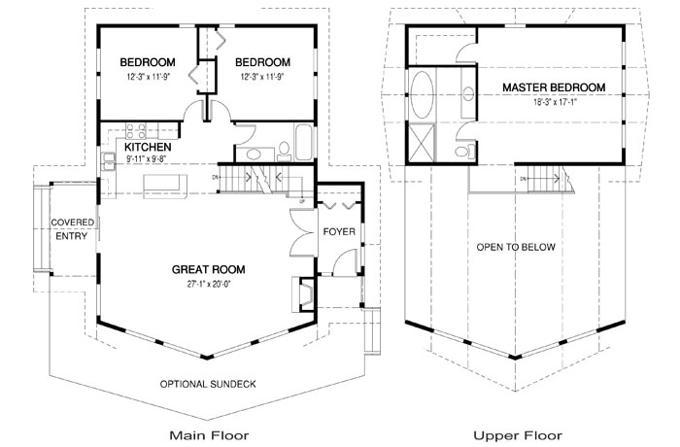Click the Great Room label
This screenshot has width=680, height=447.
[x=208, y=269]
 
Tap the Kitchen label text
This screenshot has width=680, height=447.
[x=148, y=147]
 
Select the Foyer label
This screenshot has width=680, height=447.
[x=339, y=231]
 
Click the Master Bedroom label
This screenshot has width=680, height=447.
[x=554, y=87]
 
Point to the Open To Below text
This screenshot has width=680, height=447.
[x=516, y=248]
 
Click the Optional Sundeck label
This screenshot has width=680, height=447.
[x=208, y=384]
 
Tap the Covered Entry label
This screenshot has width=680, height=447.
[x=72, y=229]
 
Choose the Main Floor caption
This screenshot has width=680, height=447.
[x=209, y=434]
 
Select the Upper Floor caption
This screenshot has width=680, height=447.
[x=518, y=435]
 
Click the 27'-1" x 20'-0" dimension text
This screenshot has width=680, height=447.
[x=208, y=285]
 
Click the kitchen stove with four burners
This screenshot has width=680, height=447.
[x=135, y=130]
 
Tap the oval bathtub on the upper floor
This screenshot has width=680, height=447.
[x=422, y=94]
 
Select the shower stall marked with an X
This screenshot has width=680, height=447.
[x=422, y=143]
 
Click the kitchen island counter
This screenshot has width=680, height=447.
[x=165, y=187]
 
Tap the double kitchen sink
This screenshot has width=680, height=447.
[x=108, y=161]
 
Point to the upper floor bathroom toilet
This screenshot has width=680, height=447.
[x=464, y=151]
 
